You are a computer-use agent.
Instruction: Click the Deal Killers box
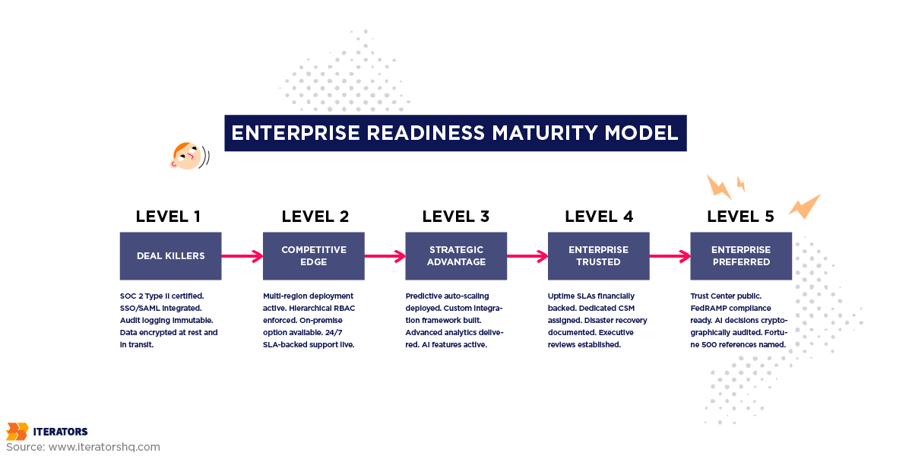coord(170,256)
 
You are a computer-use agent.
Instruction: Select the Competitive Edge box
coord(313,256)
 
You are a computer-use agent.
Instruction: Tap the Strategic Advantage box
coord(456,256)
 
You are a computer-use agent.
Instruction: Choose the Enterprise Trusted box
coord(598,256)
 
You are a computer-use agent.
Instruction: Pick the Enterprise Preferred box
coord(741,256)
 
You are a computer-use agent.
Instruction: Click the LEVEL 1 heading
coord(168,217)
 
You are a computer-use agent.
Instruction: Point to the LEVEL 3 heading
coord(456,217)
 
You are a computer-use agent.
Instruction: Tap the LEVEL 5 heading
coord(740,217)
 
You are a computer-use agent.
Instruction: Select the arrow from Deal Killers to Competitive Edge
coord(242,256)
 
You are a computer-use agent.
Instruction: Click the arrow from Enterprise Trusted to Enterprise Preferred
coord(670,256)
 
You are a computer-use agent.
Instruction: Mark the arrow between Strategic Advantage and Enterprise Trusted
coord(527,256)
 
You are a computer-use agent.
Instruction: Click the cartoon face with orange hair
coord(185,156)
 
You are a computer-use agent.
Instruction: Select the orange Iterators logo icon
coord(17,432)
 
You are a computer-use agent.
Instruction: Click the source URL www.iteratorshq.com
coord(104,447)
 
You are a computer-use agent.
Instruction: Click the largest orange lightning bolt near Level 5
coord(803,206)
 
